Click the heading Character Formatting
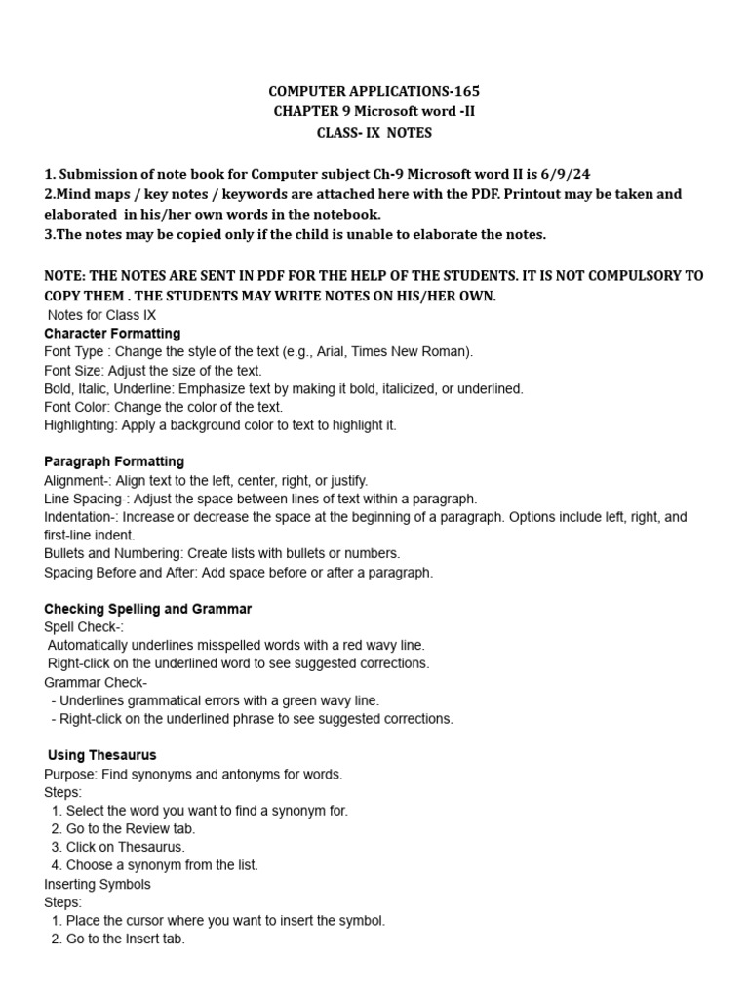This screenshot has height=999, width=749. coord(112,333)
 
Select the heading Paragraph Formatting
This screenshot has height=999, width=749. coord(114,461)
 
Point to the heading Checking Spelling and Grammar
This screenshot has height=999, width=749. coord(148,609)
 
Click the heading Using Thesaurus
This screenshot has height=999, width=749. coord(102,755)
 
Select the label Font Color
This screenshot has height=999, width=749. coord(75,407)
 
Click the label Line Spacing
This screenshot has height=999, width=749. coord(82,499)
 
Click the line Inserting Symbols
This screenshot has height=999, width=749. coord(98,884)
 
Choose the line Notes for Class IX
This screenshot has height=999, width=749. coord(101,314)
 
